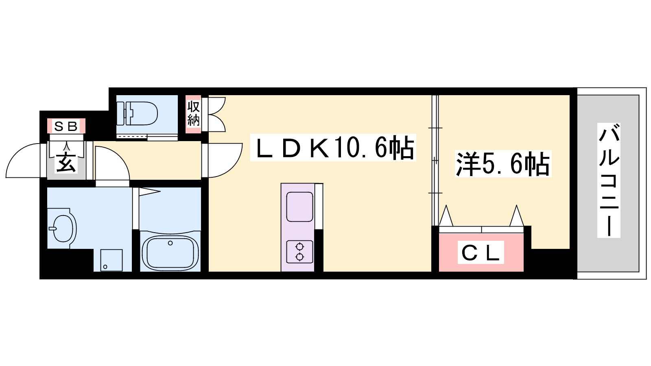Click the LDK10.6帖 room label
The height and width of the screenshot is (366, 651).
334,148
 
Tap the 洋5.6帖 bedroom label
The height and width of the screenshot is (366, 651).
503,163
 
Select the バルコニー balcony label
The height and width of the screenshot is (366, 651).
609,180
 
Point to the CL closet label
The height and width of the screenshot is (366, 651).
481,252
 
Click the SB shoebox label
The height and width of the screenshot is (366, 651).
66,126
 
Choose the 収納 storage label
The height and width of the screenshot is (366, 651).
193,114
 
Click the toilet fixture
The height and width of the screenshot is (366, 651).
137,113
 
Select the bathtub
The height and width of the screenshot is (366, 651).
170,252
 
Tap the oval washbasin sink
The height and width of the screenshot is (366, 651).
65,228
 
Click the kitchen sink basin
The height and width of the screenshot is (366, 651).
299,207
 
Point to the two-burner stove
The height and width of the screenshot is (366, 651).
299,252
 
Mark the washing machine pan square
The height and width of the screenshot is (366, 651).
111,260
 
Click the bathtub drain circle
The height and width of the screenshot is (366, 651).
170,243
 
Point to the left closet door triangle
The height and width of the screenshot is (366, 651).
446,216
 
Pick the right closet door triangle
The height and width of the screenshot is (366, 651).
516,216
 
